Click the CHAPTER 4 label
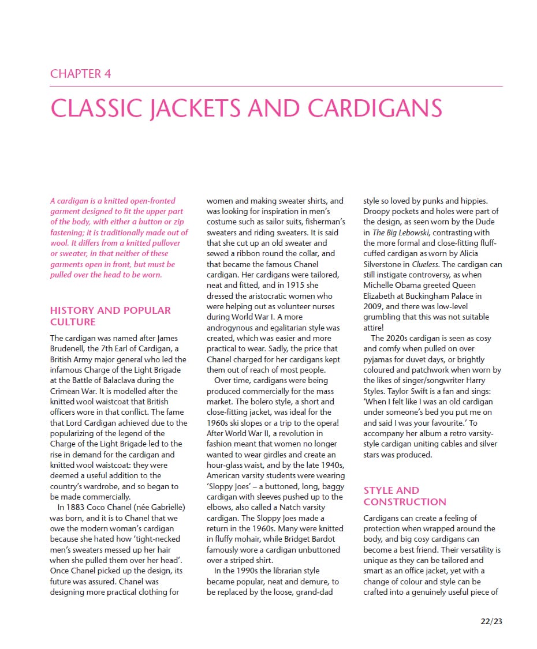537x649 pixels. tap(80, 74)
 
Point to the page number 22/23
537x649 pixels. tap(491, 621)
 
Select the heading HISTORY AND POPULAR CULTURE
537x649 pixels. tap(110, 316)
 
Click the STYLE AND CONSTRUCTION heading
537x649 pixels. tap(404, 496)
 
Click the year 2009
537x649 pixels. tap(373, 306)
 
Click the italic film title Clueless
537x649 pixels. tap(425, 264)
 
